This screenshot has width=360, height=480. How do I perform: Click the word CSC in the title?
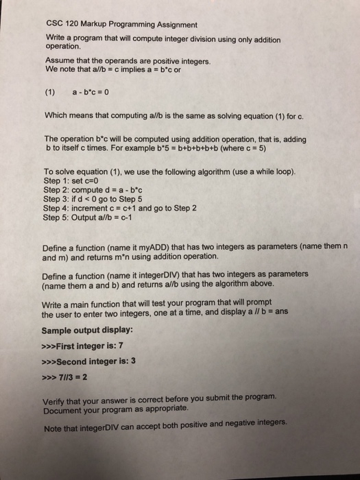[x=57, y=24]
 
